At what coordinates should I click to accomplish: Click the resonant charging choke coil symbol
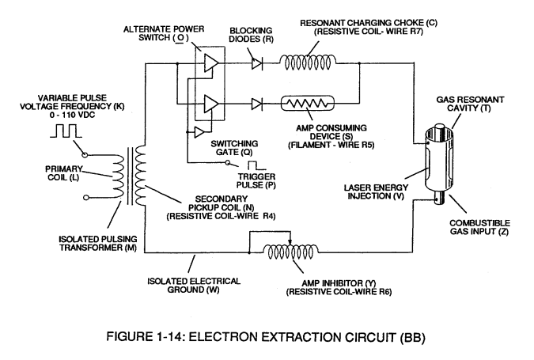coord(308,63)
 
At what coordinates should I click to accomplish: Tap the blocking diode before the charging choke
coord(257,63)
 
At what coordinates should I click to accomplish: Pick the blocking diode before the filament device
coord(257,104)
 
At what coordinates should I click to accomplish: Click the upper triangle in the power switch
coord(210,63)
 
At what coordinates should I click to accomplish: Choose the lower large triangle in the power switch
coord(210,104)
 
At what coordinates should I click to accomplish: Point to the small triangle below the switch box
coord(199,132)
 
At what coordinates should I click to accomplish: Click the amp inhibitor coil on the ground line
coord(291,252)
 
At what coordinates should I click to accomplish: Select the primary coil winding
coord(118,176)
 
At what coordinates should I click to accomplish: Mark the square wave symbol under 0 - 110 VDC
coord(66,131)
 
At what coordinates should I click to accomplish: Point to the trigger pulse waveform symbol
coord(257,165)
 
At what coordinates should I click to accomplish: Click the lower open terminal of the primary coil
coord(86,197)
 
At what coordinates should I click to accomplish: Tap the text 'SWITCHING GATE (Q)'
coord(234,148)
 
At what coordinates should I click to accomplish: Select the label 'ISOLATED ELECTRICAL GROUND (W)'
coord(194,286)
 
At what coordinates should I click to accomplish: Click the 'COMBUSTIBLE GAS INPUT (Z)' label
coord(479,227)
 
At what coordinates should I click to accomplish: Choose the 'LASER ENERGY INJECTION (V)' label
coord(376,191)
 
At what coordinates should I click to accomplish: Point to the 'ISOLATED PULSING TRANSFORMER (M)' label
coord(98,243)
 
